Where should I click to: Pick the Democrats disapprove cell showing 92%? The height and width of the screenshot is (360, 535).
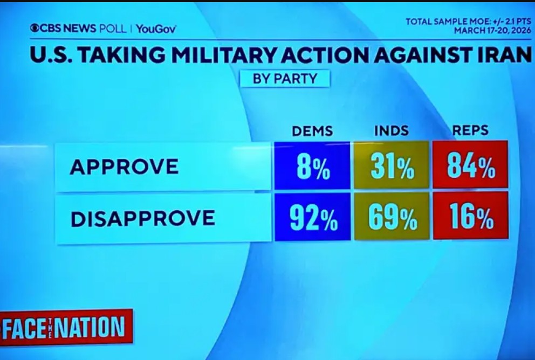[312, 217]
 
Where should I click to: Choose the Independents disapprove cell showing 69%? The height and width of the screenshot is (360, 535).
[392, 217]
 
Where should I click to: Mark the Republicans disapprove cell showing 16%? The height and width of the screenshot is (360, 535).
[470, 217]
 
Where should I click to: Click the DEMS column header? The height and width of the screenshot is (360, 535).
[312, 131]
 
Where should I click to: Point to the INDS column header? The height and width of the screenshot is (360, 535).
[391, 131]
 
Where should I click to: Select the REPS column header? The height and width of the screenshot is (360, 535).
[470, 130]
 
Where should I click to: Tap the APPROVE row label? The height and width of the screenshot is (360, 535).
[124, 167]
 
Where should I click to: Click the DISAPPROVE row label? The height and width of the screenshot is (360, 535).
[142, 218]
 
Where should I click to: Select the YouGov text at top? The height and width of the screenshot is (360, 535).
[156, 29]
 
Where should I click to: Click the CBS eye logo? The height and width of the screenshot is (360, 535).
[35, 28]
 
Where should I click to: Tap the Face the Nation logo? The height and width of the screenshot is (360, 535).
[66, 327]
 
